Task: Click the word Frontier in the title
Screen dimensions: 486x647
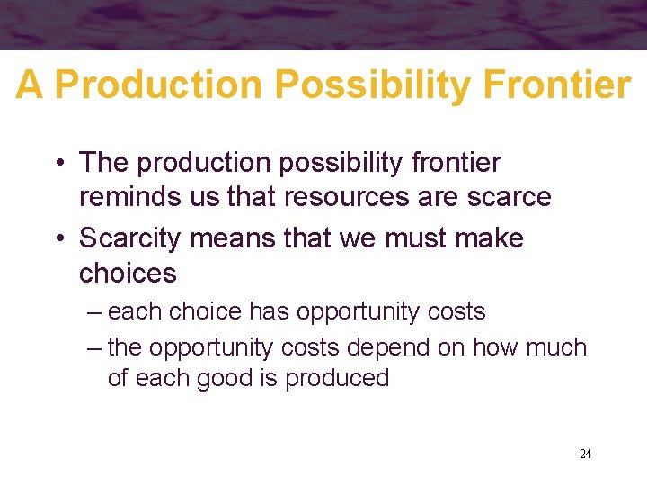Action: (x=556, y=85)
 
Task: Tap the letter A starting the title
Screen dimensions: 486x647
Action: (x=30, y=85)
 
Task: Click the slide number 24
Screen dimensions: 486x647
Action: (x=585, y=454)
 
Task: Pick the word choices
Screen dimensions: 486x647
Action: (x=129, y=273)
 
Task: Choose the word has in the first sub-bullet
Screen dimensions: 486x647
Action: (x=269, y=312)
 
